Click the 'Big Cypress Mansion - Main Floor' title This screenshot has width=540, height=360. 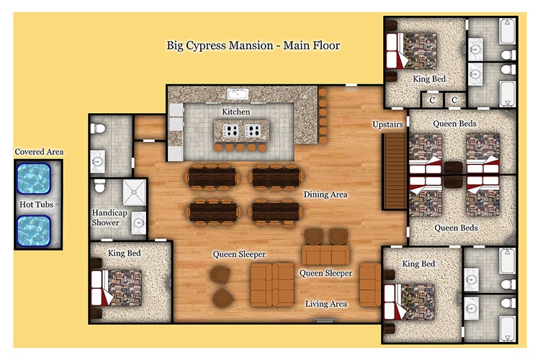pyautogui.click(x=253, y=45)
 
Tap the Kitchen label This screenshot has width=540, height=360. pyautogui.click(x=236, y=112)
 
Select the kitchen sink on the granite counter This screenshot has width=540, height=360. pyautogui.click(x=238, y=94)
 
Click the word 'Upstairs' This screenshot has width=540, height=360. pyautogui.click(x=387, y=124)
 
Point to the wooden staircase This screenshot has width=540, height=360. pyautogui.click(x=395, y=171)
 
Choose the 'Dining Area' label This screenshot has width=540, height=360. pyautogui.click(x=325, y=194)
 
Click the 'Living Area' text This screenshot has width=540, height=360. pyautogui.click(x=325, y=304)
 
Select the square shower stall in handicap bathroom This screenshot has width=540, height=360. pyautogui.click(x=135, y=192)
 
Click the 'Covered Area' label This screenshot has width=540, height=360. pyautogui.click(x=39, y=152)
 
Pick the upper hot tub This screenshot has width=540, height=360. pyautogui.click(x=34, y=179)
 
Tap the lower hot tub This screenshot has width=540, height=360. pyautogui.click(x=34, y=231)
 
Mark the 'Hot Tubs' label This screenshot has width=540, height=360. pyautogui.click(x=36, y=204)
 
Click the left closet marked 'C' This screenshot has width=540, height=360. pyautogui.click(x=432, y=100)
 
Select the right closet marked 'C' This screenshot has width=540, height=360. pyautogui.click(x=454, y=100)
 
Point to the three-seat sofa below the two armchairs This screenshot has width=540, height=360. pyautogui.click(x=325, y=256)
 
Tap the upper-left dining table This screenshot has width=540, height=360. pyautogui.click(x=212, y=177)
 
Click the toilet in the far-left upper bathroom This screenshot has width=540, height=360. pyautogui.click(x=98, y=128)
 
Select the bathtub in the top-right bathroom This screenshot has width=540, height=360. pyautogui.click(x=508, y=32)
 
